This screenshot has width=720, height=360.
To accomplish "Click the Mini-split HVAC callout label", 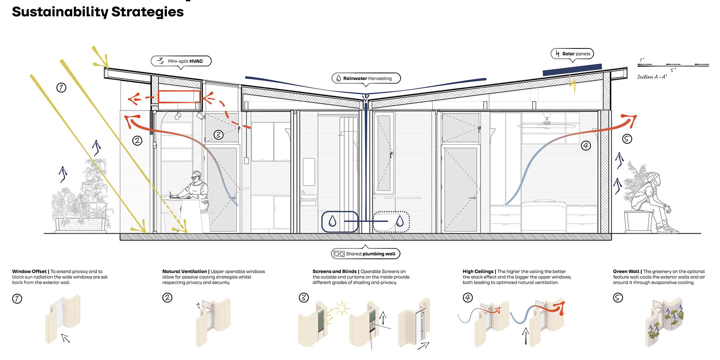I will point(181,61).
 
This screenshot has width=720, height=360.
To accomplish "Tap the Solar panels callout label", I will point(572,54).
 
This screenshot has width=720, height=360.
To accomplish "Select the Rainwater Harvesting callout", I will point(366,78).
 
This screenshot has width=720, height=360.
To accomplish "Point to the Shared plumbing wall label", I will point(366,254).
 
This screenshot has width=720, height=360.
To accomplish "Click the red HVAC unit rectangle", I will point(179,97).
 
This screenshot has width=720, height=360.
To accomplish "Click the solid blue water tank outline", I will point(339,222).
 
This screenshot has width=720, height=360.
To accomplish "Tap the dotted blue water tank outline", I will point(391,222).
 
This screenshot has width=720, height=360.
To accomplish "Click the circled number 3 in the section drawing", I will point(218,135).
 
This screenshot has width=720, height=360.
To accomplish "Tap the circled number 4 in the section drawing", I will point(586,146).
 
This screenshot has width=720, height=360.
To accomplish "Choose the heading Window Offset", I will point(29,272).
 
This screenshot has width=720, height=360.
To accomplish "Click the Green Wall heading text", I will point(626,272).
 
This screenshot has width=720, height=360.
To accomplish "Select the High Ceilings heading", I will point(478,272).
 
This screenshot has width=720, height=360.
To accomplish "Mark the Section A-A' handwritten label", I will point(652,77).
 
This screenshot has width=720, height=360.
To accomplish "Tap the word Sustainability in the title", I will point(60,12).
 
